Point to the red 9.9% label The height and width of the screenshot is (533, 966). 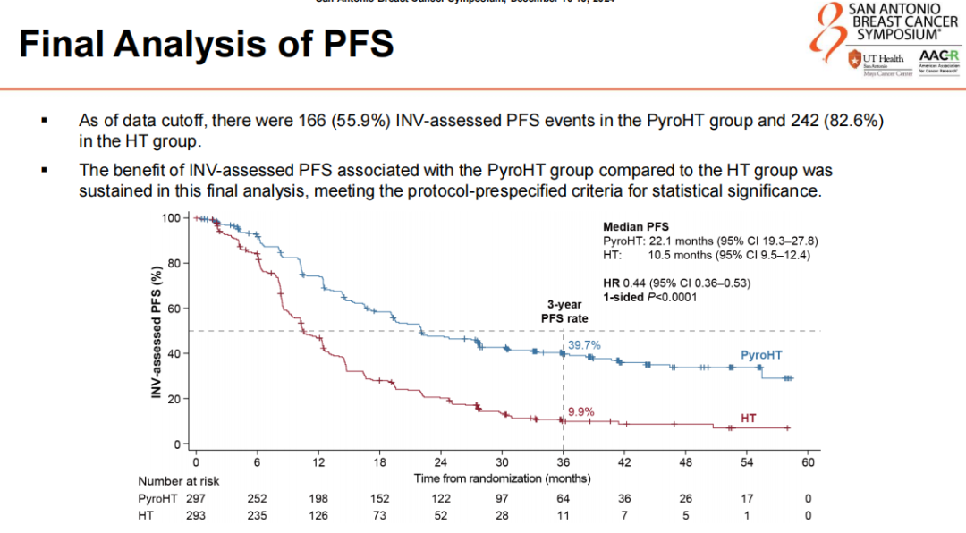coord(579,411)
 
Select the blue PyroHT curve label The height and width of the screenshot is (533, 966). coord(761,355)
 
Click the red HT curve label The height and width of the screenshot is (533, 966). coord(749,419)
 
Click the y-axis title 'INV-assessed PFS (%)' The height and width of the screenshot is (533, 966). coord(157,331)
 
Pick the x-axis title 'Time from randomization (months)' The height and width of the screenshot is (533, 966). coord(502,478)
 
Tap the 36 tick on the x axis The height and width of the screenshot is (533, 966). coord(563,462)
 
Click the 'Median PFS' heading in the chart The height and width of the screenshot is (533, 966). coord(636,226)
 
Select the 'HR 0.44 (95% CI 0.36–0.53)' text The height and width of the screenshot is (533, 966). coord(676,283)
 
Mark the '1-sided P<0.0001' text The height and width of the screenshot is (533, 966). coord(649,297)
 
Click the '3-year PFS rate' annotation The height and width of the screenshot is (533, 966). coord(563,310)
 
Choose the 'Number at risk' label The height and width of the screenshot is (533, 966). coord(178,480)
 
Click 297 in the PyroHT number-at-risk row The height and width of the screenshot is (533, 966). coord(196,498)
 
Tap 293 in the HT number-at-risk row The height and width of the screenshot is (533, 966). coord(196,515)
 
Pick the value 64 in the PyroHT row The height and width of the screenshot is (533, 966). coord(563,498)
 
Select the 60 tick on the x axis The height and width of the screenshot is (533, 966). coord(808,462)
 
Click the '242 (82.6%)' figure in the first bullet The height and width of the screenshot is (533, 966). coord(834,120)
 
